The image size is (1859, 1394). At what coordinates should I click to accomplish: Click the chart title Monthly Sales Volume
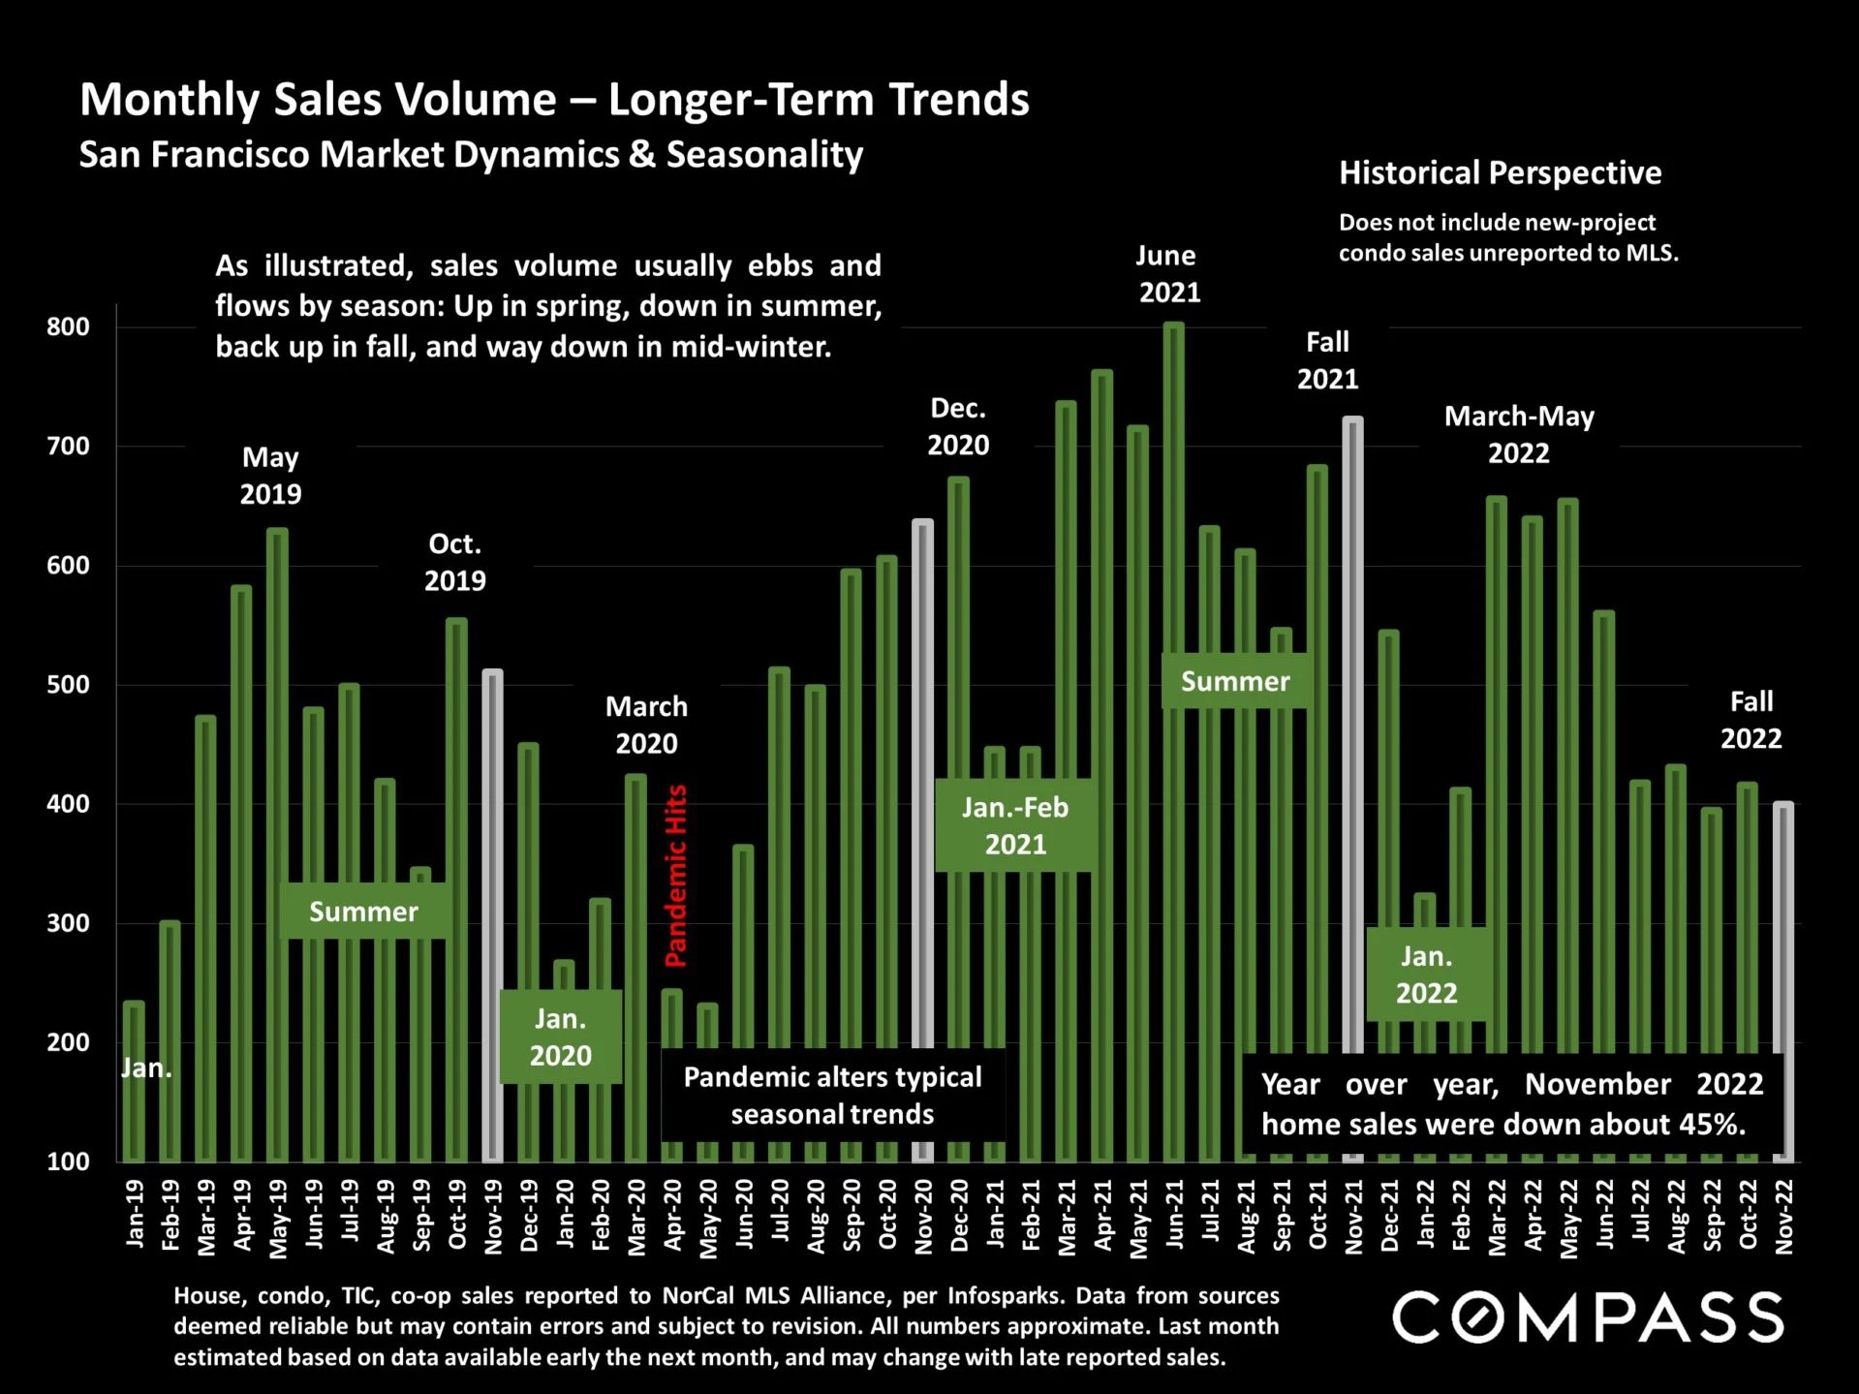tap(554, 100)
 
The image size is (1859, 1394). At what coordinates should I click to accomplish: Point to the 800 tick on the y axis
tap(68, 327)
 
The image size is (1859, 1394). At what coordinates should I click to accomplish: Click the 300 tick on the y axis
tap(68, 923)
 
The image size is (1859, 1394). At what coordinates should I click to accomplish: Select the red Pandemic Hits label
tap(675, 876)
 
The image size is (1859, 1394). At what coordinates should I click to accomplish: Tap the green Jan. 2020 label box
tap(560, 1037)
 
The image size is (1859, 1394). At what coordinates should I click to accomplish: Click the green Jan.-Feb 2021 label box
tap(1014, 825)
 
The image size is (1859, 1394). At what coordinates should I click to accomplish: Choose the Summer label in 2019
tap(363, 911)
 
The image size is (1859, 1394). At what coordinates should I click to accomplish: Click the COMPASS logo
tap(1588, 1317)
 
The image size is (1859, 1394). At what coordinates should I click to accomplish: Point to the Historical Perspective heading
tap(1500, 173)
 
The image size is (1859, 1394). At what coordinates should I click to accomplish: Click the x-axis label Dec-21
tap(1389, 1216)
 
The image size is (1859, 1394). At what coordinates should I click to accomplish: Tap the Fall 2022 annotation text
tap(1751, 720)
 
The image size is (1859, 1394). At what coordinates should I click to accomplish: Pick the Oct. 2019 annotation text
tap(454, 562)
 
